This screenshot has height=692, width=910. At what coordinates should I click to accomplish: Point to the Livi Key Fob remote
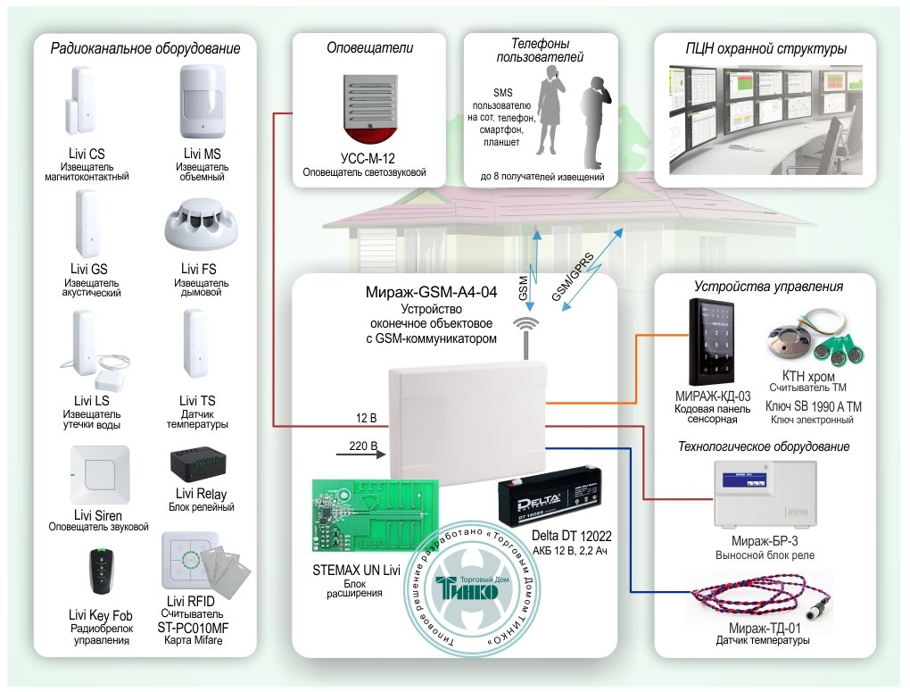100,571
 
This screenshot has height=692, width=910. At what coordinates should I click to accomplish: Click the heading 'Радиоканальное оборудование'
145,49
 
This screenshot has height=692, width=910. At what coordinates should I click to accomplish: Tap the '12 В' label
365,417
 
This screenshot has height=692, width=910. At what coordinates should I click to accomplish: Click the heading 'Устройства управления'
769,287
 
